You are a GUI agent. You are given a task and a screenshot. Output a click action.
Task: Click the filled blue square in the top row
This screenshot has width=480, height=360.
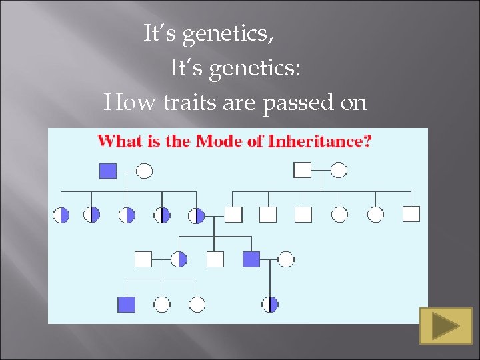pyautogui.click(x=108, y=171)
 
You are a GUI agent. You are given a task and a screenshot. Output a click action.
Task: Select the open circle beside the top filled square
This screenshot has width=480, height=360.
pyautogui.click(x=144, y=171)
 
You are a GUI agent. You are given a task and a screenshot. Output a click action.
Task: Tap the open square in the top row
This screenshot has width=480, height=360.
pyautogui.click(x=303, y=171)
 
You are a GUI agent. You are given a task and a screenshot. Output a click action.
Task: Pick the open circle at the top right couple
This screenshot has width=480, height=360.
pyautogui.click(x=339, y=171)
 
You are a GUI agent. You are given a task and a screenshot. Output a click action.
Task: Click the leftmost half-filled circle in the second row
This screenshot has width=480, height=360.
pyautogui.click(x=61, y=215)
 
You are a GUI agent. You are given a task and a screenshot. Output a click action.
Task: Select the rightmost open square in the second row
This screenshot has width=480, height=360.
pyautogui.click(x=411, y=214)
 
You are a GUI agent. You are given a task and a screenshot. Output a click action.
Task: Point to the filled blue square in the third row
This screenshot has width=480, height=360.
pyautogui.click(x=251, y=259)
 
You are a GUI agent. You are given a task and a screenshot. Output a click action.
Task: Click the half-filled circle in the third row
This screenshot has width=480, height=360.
pyautogui.click(x=179, y=259)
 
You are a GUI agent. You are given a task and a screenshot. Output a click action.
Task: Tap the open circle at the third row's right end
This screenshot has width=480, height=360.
pyautogui.click(x=286, y=259)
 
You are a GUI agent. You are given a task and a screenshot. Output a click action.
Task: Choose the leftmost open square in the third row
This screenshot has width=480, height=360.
pyautogui.click(x=143, y=259)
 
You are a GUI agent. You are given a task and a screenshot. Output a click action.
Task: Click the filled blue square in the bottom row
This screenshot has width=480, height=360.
pyautogui.click(x=126, y=305)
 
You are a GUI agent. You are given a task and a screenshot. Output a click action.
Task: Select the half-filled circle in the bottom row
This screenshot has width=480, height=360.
pyautogui.click(x=269, y=305)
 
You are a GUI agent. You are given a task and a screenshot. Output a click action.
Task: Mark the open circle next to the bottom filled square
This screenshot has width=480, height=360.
pyautogui.click(x=162, y=305)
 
